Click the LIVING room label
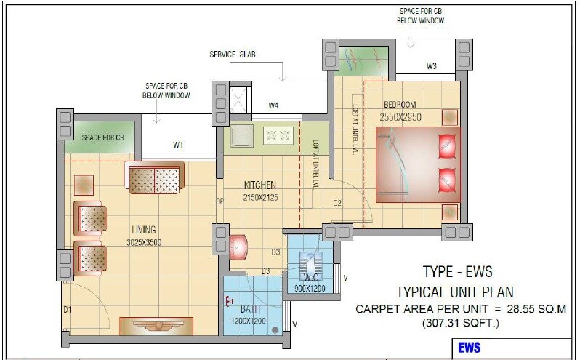[144, 231]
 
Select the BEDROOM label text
[400, 104]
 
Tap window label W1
[178, 145]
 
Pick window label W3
[432, 67]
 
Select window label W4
[273, 106]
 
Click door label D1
[68, 311]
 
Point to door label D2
[338, 203]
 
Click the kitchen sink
[241, 135]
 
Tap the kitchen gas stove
[278, 135]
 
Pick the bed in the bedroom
[418, 165]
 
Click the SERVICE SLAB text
[233, 55]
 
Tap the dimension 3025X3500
[144, 242]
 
